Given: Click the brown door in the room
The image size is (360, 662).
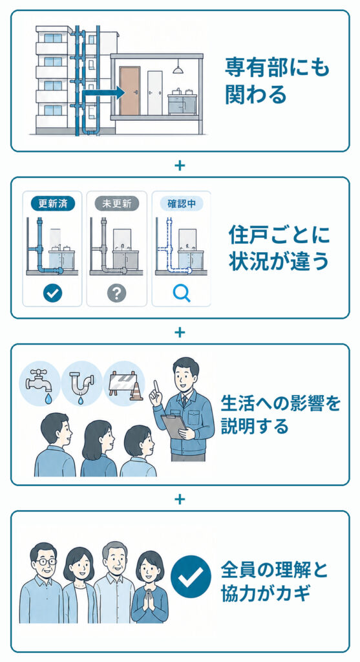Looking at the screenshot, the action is (x=129, y=91).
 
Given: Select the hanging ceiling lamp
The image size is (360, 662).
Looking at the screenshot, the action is (x=177, y=67).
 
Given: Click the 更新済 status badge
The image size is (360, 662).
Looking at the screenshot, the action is (x=53, y=204).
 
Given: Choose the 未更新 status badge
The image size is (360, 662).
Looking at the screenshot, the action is (x=117, y=204).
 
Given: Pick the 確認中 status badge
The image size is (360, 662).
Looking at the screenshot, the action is (x=182, y=204).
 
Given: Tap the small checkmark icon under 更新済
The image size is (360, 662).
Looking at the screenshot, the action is (x=53, y=293).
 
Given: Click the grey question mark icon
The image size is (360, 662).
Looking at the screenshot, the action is (x=117, y=293).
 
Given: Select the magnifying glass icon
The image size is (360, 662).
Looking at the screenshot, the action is (x=182, y=294).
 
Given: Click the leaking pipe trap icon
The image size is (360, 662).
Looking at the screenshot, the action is (x=81, y=385).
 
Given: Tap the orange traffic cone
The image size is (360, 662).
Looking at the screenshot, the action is (x=136, y=392).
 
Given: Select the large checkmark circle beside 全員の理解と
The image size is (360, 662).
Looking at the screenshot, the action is (x=190, y=576).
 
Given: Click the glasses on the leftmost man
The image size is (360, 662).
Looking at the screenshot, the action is (x=45, y=562).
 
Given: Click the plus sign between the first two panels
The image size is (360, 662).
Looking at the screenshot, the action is (x=180, y=165).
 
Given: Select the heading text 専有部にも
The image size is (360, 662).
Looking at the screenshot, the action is (x=277, y=67).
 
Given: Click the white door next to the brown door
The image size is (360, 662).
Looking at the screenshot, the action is (x=155, y=93).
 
